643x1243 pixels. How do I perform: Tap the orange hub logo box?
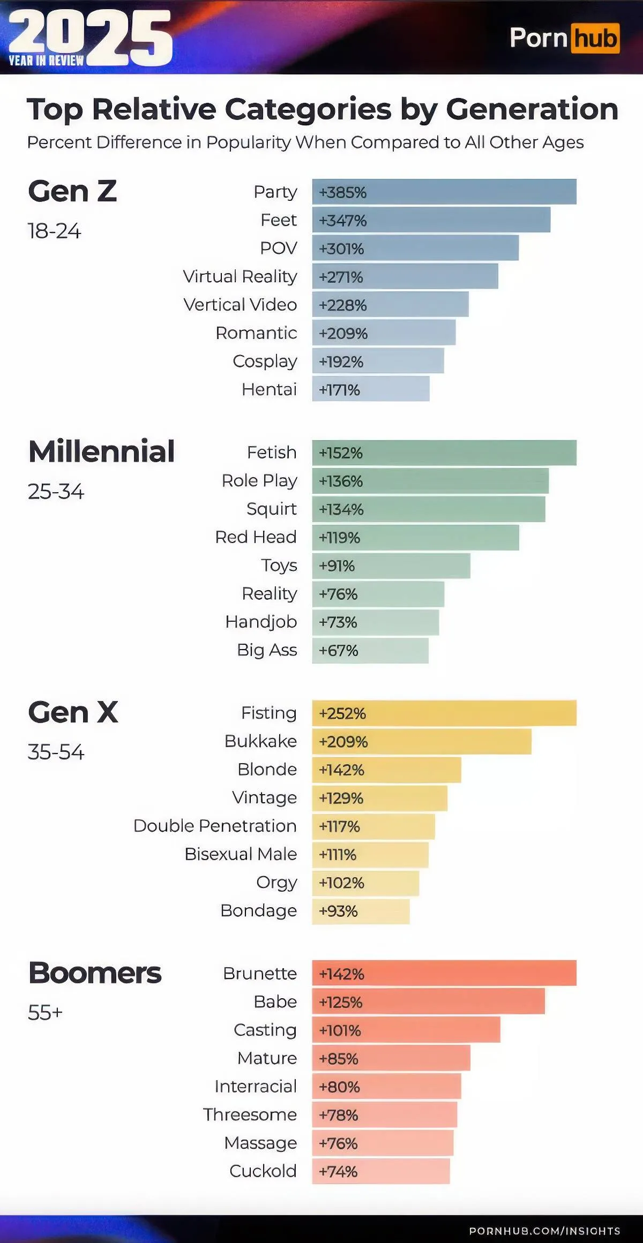coord(595,38)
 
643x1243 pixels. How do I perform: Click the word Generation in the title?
coord(532,109)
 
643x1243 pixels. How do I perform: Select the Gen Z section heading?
coord(72,191)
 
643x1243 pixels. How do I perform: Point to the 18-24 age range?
coord(54,231)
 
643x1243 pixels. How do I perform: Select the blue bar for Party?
coord(444,192)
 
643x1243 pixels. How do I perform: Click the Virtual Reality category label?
coord(240,276)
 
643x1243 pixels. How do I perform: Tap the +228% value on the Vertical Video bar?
coord(343,305)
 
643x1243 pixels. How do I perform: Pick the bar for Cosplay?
coord(378,361)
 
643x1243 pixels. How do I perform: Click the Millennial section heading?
coord(101,451)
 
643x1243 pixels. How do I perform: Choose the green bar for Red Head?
coord(415,537)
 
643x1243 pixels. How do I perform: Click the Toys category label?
coord(279,566)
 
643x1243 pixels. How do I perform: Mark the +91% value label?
coord(337,566)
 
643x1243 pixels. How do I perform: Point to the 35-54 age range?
coord(56,752)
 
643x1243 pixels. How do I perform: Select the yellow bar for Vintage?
coord(379,798)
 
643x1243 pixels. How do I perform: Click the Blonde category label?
coord(267,770)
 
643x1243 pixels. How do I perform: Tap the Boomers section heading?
coord(95,973)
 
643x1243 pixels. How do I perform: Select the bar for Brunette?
coord(444,973)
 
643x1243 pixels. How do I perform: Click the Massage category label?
coord(260,1143)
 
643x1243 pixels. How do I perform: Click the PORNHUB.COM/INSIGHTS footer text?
coord(544,1231)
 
